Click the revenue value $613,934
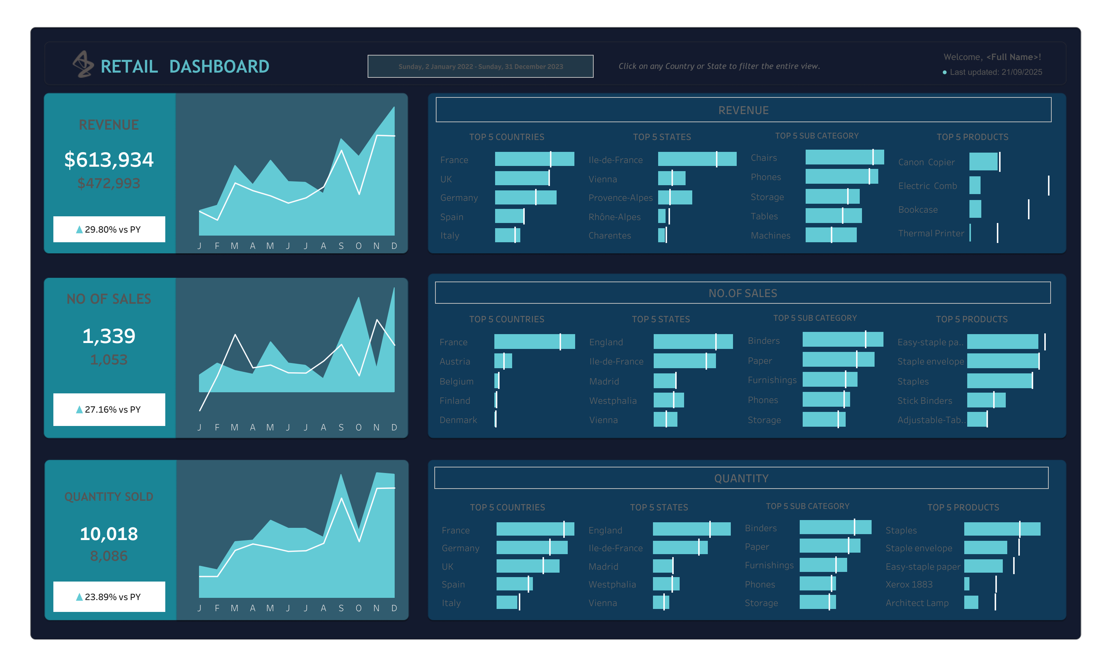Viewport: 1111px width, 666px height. click(x=109, y=160)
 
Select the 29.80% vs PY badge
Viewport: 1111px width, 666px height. click(x=109, y=229)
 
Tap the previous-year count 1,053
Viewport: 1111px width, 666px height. click(x=109, y=359)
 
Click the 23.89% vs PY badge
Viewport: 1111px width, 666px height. click(x=109, y=596)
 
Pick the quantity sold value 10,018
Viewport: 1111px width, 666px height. click(x=109, y=534)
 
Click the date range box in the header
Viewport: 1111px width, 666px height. click(x=480, y=66)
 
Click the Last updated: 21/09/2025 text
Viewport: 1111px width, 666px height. click(x=995, y=72)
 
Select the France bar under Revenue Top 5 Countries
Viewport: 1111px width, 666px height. click(x=534, y=159)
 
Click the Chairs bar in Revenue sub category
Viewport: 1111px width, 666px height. click(x=844, y=157)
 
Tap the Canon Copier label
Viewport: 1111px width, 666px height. click(x=926, y=162)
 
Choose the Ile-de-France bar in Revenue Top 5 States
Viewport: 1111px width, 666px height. click(x=697, y=159)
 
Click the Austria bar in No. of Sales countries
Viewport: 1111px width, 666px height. click(x=503, y=361)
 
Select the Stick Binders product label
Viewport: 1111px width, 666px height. click(x=924, y=400)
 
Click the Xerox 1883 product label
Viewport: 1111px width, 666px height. click(x=909, y=584)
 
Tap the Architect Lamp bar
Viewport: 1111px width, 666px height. click(x=971, y=602)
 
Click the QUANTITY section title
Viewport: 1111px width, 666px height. click(x=741, y=479)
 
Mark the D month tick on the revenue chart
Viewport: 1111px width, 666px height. click(x=394, y=246)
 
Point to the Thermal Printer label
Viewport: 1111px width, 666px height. click(x=931, y=233)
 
